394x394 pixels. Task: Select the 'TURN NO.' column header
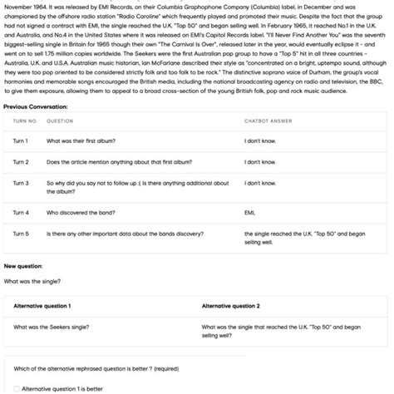coord(25,121)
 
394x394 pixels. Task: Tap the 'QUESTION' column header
coord(60,121)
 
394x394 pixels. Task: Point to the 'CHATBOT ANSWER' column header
coord(268,121)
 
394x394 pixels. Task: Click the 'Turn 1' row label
coord(21,141)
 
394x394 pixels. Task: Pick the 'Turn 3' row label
coord(21,183)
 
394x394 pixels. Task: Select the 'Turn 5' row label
coord(21,234)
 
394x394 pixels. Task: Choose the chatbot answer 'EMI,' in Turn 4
coord(249,213)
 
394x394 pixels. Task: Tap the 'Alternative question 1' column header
coord(42,306)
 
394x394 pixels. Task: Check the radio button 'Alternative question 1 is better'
coord(17,388)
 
